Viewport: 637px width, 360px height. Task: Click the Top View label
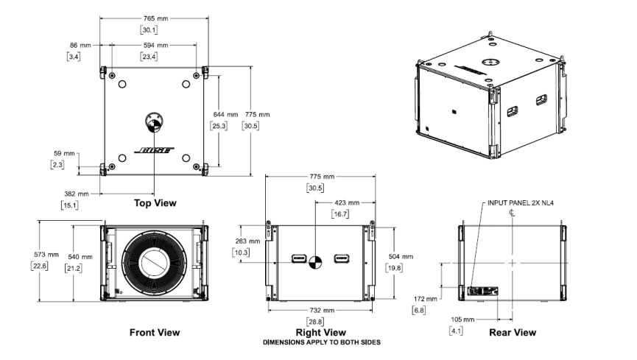(x=155, y=202)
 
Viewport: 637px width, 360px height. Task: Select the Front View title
(x=155, y=333)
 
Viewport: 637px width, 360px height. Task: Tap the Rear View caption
(x=513, y=333)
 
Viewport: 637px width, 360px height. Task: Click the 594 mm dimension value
(x=154, y=46)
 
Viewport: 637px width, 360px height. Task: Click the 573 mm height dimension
(x=53, y=254)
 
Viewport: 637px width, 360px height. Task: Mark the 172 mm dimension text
(x=424, y=298)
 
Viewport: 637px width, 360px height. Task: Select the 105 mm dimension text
(x=462, y=320)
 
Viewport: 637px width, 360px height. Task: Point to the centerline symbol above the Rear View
(x=511, y=213)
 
